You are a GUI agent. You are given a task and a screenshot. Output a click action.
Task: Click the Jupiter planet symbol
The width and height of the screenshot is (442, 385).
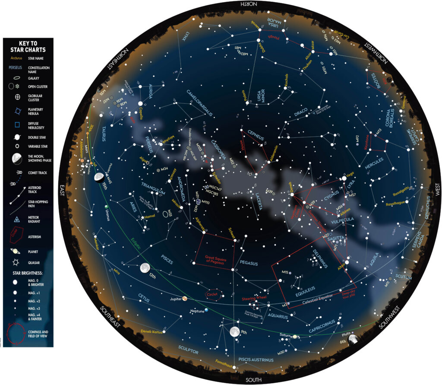pos(185,299)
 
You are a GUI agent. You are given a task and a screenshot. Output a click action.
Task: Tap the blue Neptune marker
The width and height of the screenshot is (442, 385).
pos(207,310)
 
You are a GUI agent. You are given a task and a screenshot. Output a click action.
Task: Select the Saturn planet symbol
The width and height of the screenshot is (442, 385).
pos(295,336)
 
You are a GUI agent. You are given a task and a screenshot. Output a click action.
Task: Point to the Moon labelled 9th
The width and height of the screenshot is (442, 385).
pos(235,332)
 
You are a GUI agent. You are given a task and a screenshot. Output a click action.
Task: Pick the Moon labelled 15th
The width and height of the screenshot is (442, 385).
pos(99,176)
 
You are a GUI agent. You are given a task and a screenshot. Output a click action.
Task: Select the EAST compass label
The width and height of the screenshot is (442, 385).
pos(62,191)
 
